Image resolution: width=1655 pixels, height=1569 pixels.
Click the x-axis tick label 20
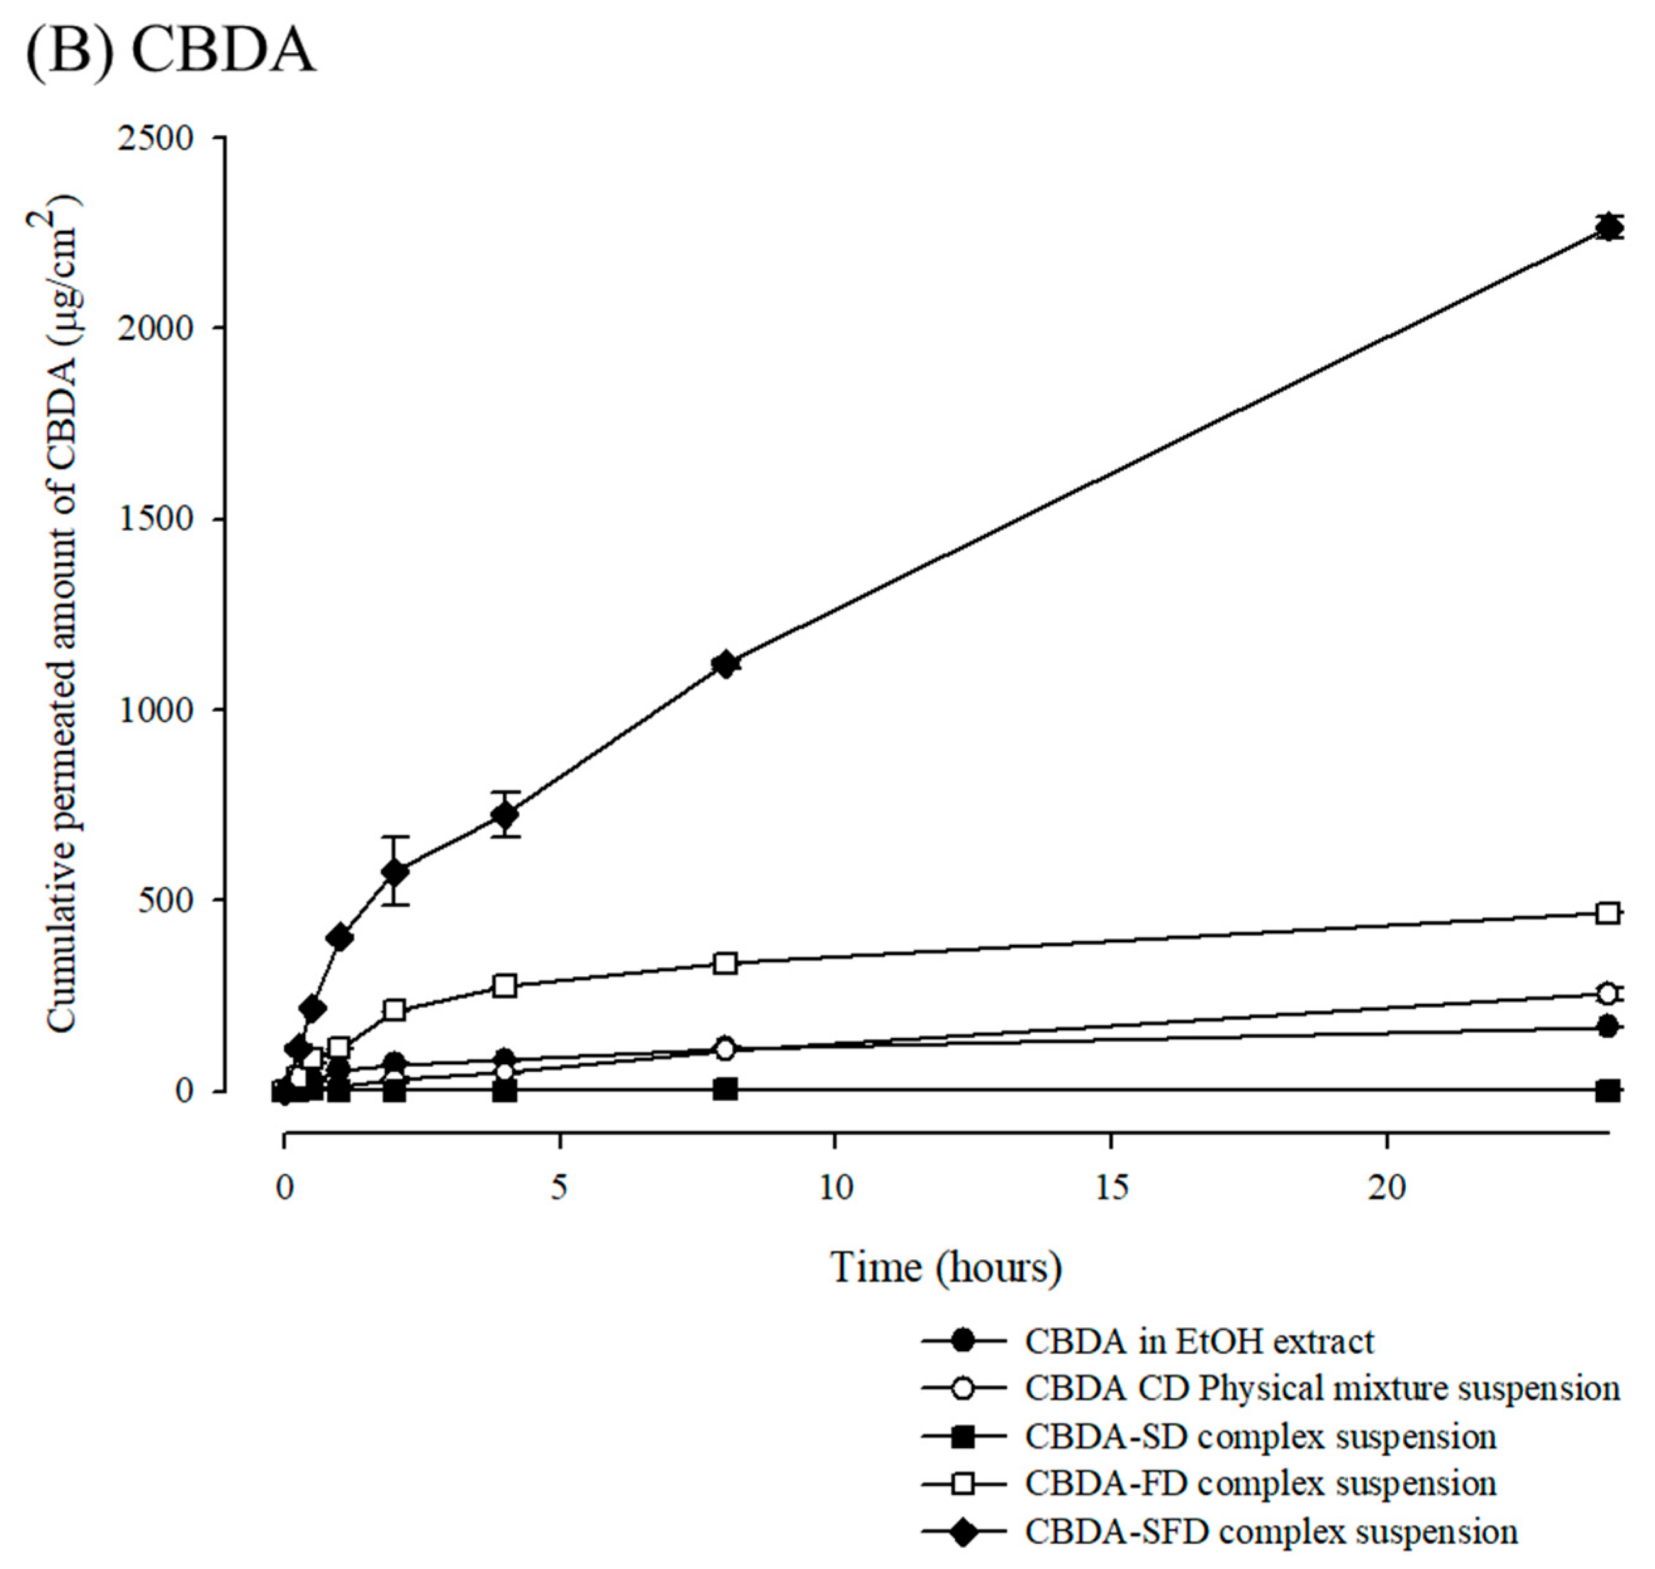(1386, 1188)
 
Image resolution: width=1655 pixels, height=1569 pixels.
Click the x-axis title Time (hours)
(946, 1267)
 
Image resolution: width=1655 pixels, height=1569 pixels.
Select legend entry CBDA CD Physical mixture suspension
(1321, 1389)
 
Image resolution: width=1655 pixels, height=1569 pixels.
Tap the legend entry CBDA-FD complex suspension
(1259, 1485)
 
